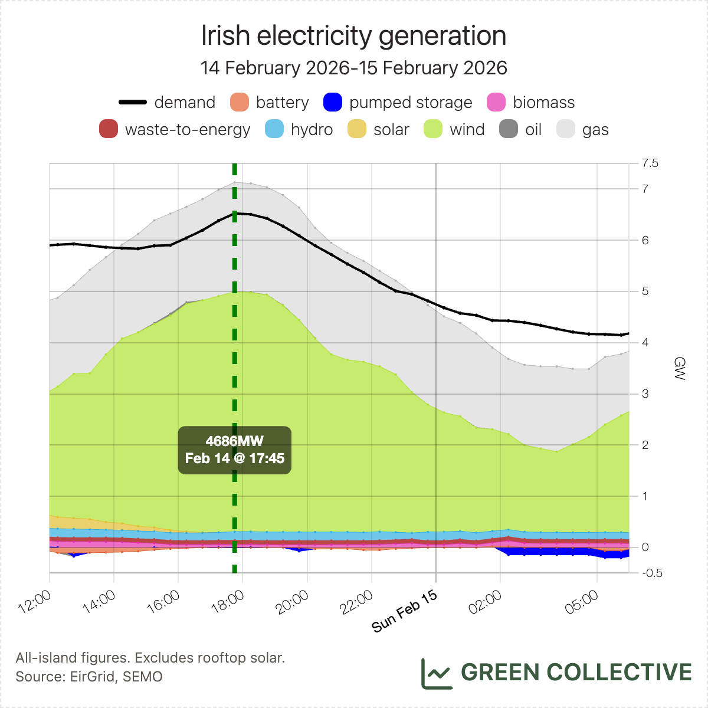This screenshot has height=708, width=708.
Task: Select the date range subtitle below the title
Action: [353, 68]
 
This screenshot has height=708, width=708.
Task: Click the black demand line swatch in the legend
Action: [133, 102]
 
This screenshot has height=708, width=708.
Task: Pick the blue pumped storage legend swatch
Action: [333, 102]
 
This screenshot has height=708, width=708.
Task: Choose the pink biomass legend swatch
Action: [497, 102]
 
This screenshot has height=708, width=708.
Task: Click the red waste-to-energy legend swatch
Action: [109, 130]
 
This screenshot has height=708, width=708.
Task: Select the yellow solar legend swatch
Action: [358, 130]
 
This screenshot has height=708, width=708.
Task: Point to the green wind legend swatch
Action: [434, 130]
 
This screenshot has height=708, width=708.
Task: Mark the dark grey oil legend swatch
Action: [509, 130]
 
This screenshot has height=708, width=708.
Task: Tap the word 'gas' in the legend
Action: [595, 130]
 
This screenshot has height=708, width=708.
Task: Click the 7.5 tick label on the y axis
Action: [650, 163]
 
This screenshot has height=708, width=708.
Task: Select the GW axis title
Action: [680, 368]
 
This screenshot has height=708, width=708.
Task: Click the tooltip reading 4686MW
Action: [235, 450]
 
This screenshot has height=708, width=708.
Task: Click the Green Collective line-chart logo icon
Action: [437, 673]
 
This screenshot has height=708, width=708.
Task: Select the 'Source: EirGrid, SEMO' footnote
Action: [89, 676]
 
